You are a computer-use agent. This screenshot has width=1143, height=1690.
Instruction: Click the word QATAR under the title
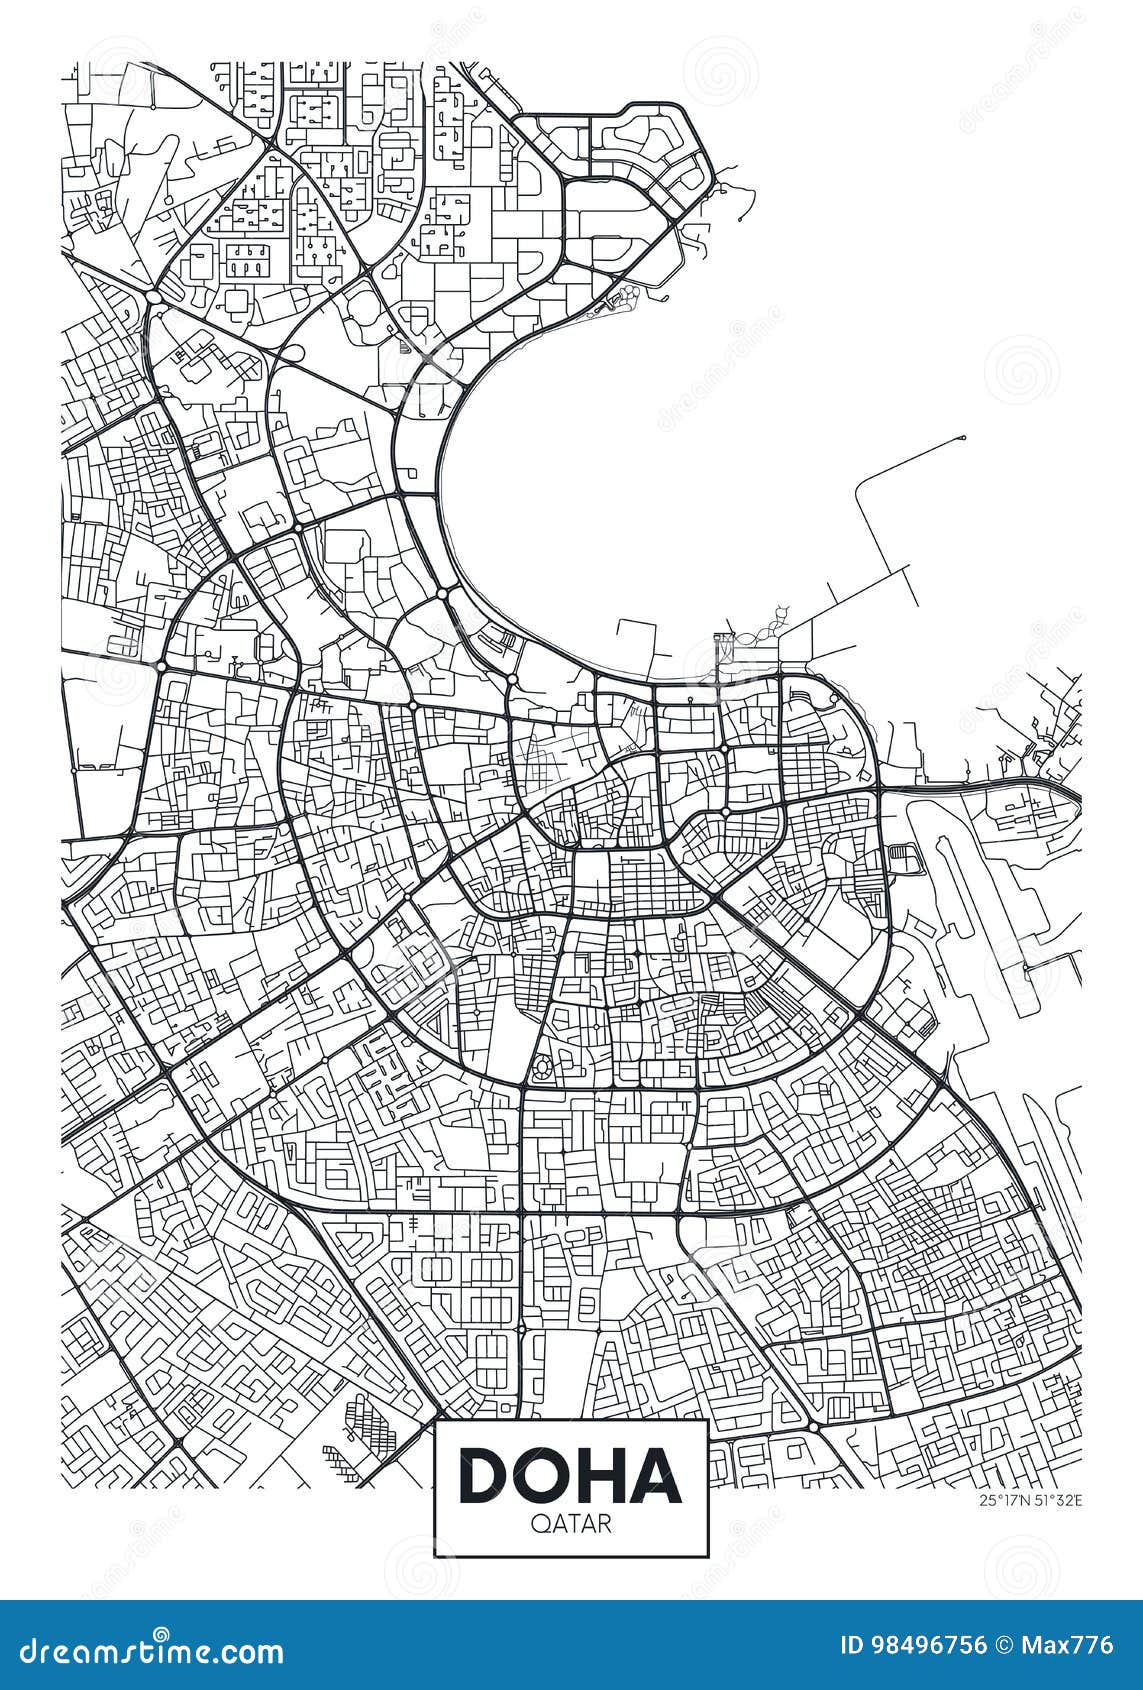571,1524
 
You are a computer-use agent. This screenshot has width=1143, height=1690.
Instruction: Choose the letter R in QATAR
598,1524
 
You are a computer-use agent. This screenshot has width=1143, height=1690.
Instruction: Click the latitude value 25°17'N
1001,1497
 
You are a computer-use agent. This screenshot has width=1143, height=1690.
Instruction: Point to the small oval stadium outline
543,1068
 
